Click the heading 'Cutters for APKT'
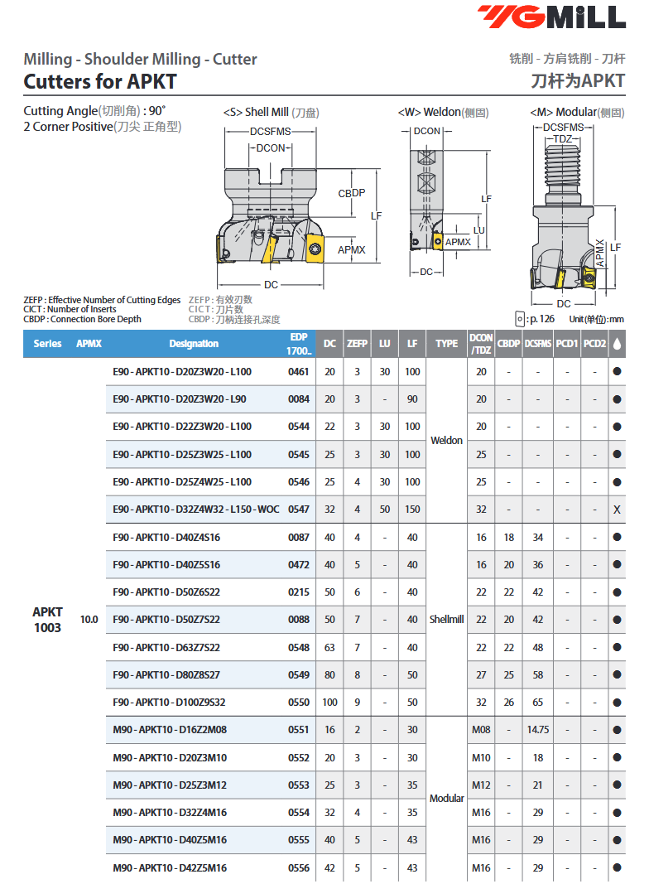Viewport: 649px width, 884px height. coord(99,81)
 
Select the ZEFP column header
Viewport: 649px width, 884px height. coord(357,344)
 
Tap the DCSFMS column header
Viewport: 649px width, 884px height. coord(538,344)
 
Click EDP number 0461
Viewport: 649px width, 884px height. coord(298,372)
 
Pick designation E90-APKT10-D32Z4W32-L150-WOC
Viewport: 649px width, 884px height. coord(195,510)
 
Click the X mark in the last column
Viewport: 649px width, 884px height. coord(617,510)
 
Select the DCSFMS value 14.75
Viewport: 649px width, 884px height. coord(538,730)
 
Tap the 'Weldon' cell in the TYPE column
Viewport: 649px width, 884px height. coord(446,441)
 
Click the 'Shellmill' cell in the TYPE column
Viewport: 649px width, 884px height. coord(446,620)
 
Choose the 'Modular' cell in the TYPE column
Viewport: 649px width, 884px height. coord(446,799)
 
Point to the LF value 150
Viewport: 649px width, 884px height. coord(412,510)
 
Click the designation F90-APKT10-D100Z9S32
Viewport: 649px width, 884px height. coord(169,703)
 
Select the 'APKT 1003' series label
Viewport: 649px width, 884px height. coord(47,620)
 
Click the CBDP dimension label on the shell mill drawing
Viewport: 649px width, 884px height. coord(351,193)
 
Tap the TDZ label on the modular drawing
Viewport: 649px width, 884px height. coord(563,138)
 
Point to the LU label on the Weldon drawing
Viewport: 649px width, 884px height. coord(478,229)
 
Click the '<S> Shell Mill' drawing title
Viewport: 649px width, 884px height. coord(271,112)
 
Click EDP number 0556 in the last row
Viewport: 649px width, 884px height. coord(298,867)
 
